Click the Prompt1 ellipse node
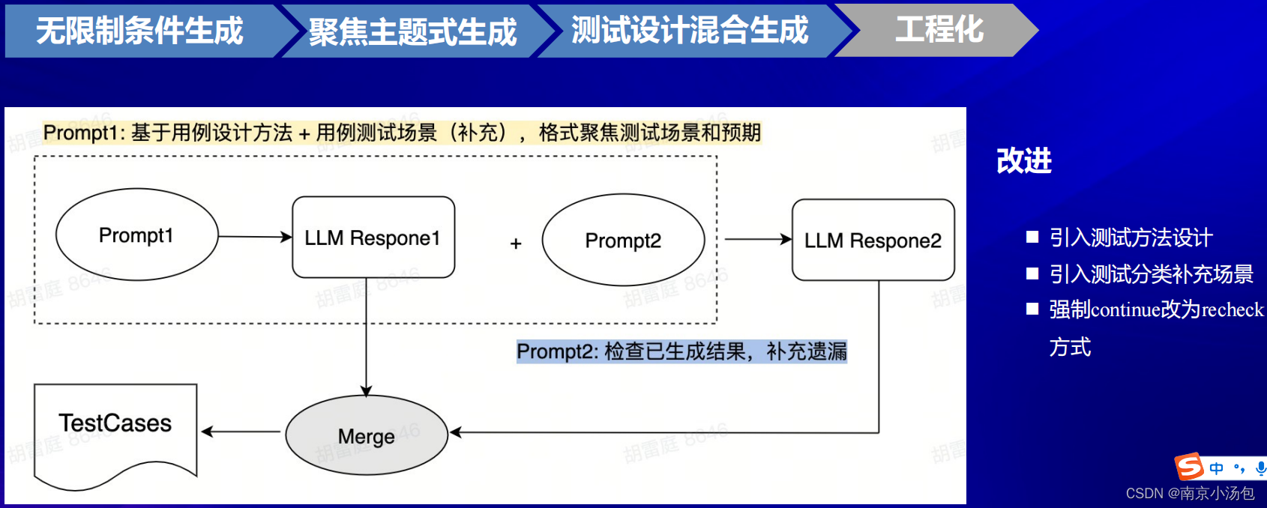point(136,235)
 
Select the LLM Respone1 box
point(373,238)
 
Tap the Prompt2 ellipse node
point(623,241)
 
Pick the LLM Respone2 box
point(873,241)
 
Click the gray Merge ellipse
point(366,436)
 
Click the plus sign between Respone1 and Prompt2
point(516,244)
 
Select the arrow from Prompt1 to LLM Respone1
point(254,237)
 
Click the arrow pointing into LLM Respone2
point(757,240)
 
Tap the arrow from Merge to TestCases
point(241,432)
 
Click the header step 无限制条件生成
point(140,31)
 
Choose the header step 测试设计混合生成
point(690,31)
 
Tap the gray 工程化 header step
point(939,31)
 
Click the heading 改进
point(1024,161)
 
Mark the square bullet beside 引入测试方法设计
point(1032,237)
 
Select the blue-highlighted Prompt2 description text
point(681,351)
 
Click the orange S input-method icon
point(1189,467)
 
